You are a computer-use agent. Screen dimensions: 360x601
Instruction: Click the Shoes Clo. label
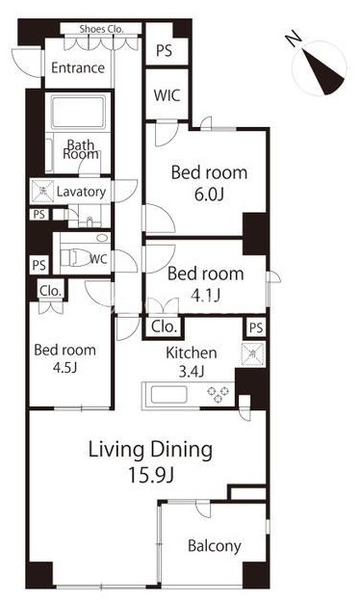[101, 29]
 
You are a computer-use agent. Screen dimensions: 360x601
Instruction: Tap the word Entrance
[78, 67]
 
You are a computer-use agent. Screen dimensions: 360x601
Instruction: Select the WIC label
[167, 95]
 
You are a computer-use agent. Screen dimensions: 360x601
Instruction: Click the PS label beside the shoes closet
[165, 51]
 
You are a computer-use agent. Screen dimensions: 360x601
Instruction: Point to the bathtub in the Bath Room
[78, 113]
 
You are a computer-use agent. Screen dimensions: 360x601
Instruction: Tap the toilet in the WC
[76, 257]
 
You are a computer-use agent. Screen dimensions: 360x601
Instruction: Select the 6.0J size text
[209, 196]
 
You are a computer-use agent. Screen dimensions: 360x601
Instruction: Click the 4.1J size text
[205, 296]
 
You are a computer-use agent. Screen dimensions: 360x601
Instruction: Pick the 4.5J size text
[65, 368]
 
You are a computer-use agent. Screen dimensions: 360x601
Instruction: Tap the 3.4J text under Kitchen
[192, 371]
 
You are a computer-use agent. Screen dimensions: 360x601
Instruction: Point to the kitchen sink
[168, 395]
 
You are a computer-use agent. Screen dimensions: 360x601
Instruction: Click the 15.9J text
[151, 475]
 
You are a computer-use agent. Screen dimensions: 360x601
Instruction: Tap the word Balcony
[215, 546]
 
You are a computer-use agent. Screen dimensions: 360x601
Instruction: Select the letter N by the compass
[293, 39]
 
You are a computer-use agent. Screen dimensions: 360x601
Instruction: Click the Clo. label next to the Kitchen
[164, 327]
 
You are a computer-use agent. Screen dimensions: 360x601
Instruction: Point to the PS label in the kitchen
[256, 327]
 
